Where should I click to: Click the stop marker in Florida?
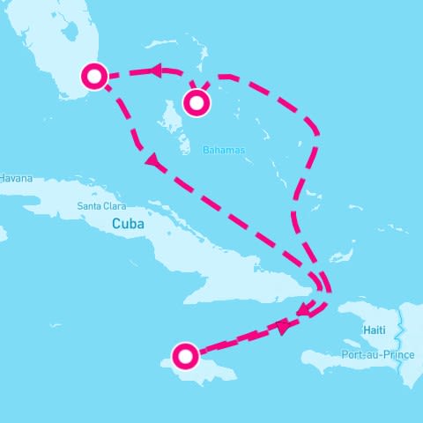point(94,76)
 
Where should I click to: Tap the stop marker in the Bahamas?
point(197,103)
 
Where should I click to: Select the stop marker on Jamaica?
point(185,356)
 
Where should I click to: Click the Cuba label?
point(127,224)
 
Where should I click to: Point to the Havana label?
point(15,178)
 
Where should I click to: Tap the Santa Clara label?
point(101,206)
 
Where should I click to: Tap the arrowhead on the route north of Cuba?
point(152,161)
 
